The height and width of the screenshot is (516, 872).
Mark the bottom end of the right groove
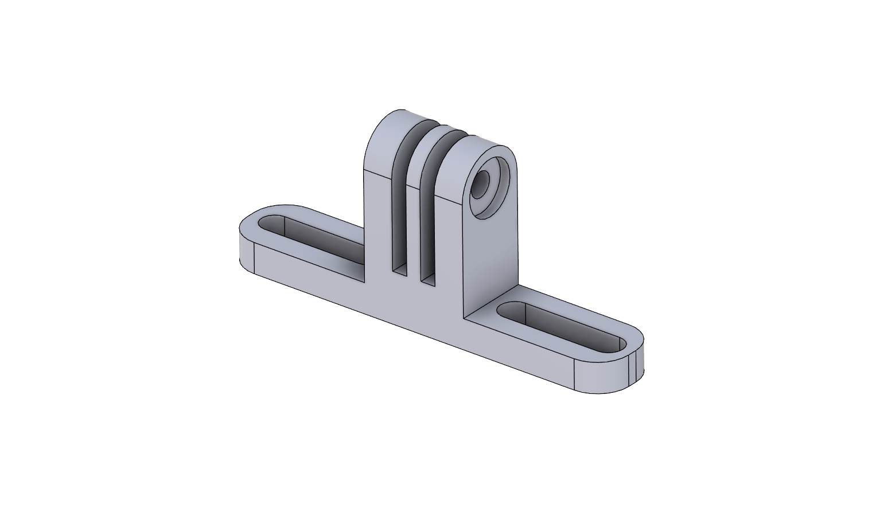pos(428,279)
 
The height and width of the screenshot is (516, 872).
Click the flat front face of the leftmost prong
pos(377,229)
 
